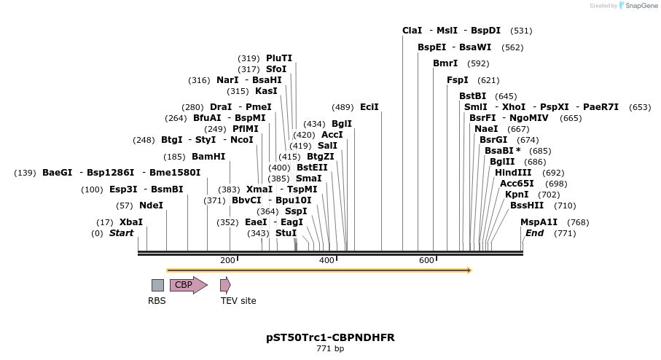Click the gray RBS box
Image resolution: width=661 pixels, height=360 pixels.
(157, 285)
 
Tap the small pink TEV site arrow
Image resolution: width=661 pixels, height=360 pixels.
(225, 285)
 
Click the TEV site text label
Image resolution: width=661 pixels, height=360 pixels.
(238, 300)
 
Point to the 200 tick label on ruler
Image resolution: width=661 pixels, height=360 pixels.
(227, 260)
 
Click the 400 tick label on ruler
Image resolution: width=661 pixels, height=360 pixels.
(326, 260)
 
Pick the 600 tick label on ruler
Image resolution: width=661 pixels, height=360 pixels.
(426, 260)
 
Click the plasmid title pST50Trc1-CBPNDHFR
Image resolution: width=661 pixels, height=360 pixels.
(330, 338)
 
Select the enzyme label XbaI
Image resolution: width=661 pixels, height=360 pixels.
(131, 222)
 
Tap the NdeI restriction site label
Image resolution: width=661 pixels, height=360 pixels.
(151, 206)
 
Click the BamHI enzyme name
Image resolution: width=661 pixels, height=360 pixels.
(208, 156)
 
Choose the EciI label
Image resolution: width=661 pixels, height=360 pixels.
(369, 107)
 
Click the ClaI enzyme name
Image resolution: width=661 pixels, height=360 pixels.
(412, 31)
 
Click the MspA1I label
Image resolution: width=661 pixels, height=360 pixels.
(539, 222)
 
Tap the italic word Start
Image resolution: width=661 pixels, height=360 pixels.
(122, 233)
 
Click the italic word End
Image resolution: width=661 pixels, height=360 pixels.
(534, 233)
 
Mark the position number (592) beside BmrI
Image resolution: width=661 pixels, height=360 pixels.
(478, 63)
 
